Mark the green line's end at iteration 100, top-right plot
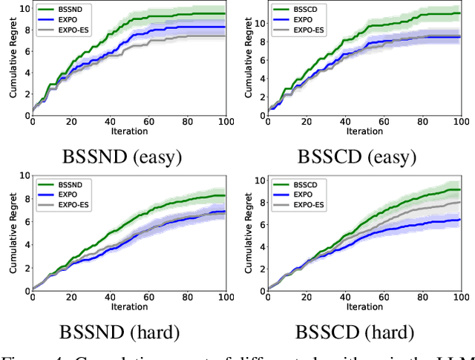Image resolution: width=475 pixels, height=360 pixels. (460, 13)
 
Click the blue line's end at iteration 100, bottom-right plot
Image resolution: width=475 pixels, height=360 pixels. (460, 220)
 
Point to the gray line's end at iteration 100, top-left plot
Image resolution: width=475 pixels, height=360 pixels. (226, 36)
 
